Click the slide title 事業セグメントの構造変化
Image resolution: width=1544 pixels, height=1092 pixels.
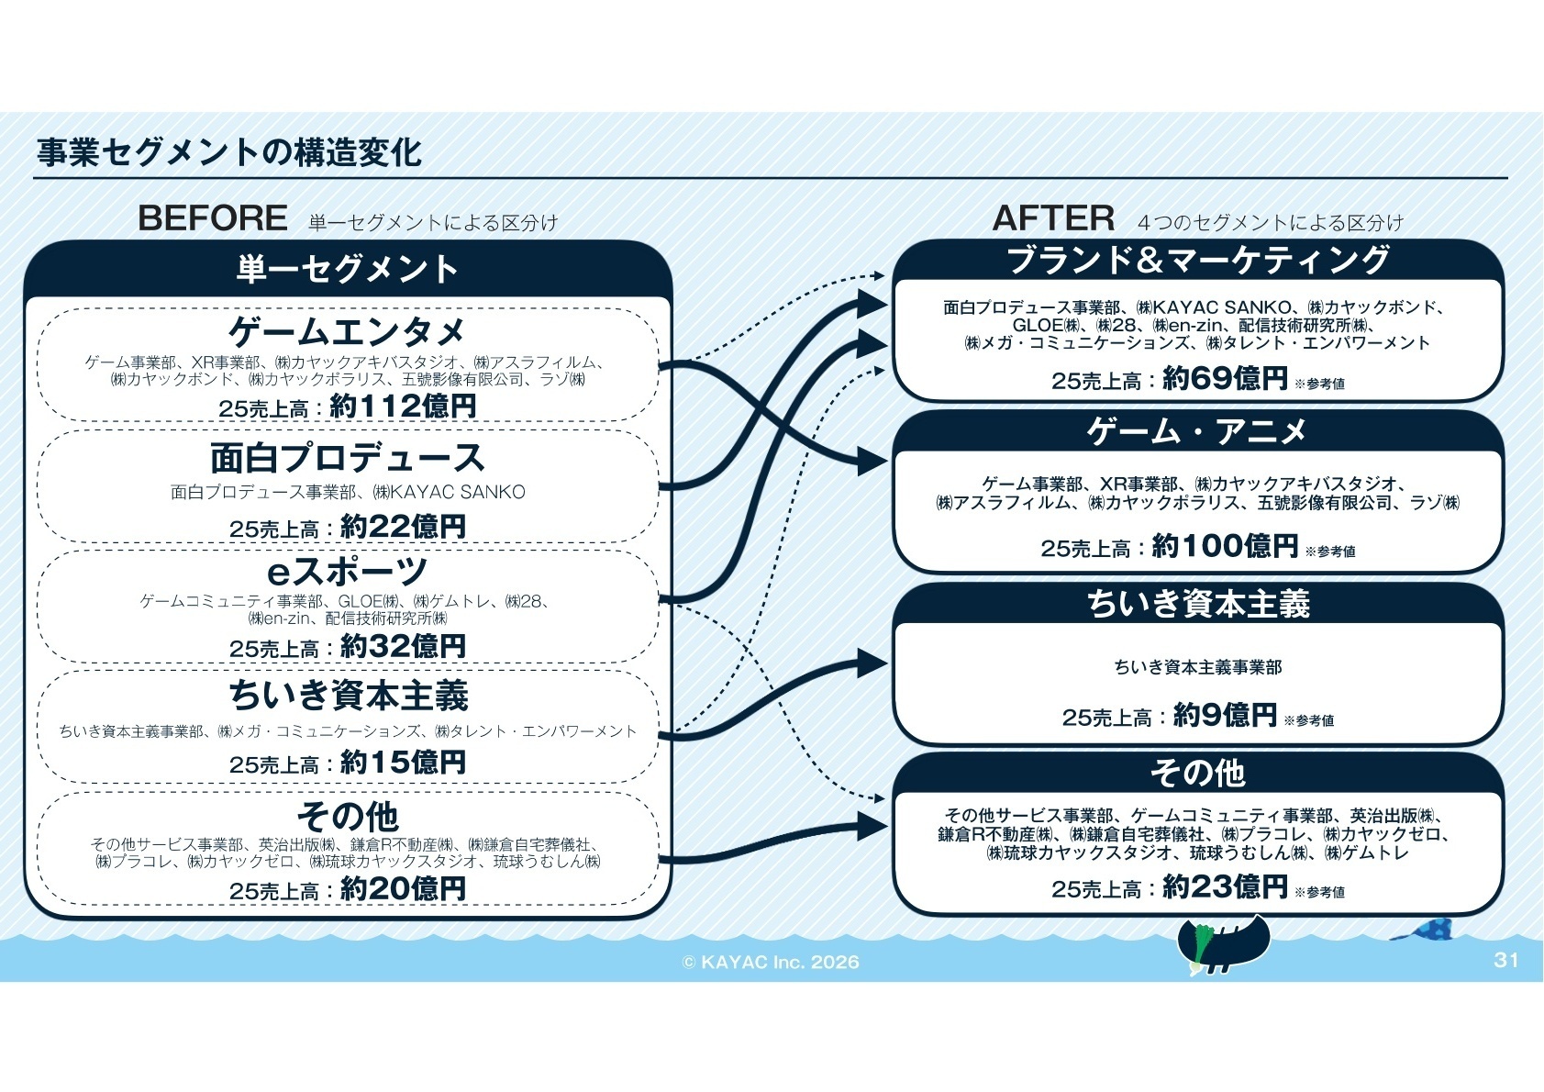click(x=228, y=152)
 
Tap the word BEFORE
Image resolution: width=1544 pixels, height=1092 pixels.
click(x=212, y=218)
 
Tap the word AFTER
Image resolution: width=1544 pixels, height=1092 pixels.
click(x=1053, y=218)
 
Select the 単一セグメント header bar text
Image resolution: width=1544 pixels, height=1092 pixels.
click(x=347, y=269)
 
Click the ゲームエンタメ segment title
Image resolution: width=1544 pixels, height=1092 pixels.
click(x=347, y=330)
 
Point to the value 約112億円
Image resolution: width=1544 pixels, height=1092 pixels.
click(x=403, y=406)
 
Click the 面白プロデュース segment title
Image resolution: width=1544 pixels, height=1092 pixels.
click(x=347, y=457)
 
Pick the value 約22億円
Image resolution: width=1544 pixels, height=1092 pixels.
click(x=403, y=526)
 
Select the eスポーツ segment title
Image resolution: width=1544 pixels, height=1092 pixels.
click(x=347, y=571)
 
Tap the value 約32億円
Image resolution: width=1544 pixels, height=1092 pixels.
click(x=403, y=646)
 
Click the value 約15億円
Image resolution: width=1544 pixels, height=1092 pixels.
click(x=403, y=762)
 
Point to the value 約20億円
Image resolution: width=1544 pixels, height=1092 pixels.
click(x=403, y=888)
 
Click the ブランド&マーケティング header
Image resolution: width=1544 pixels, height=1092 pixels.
click(x=1198, y=260)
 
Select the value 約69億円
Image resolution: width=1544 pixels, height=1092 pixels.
click(x=1225, y=378)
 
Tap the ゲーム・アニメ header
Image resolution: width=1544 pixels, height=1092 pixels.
click(x=1198, y=430)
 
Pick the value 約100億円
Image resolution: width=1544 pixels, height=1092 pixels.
click(x=1225, y=546)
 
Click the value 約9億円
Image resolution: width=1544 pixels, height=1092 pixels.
click(x=1225, y=715)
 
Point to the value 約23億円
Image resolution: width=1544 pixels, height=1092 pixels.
click(x=1225, y=886)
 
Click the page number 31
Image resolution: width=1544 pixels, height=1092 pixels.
click(x=1505, y=960)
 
